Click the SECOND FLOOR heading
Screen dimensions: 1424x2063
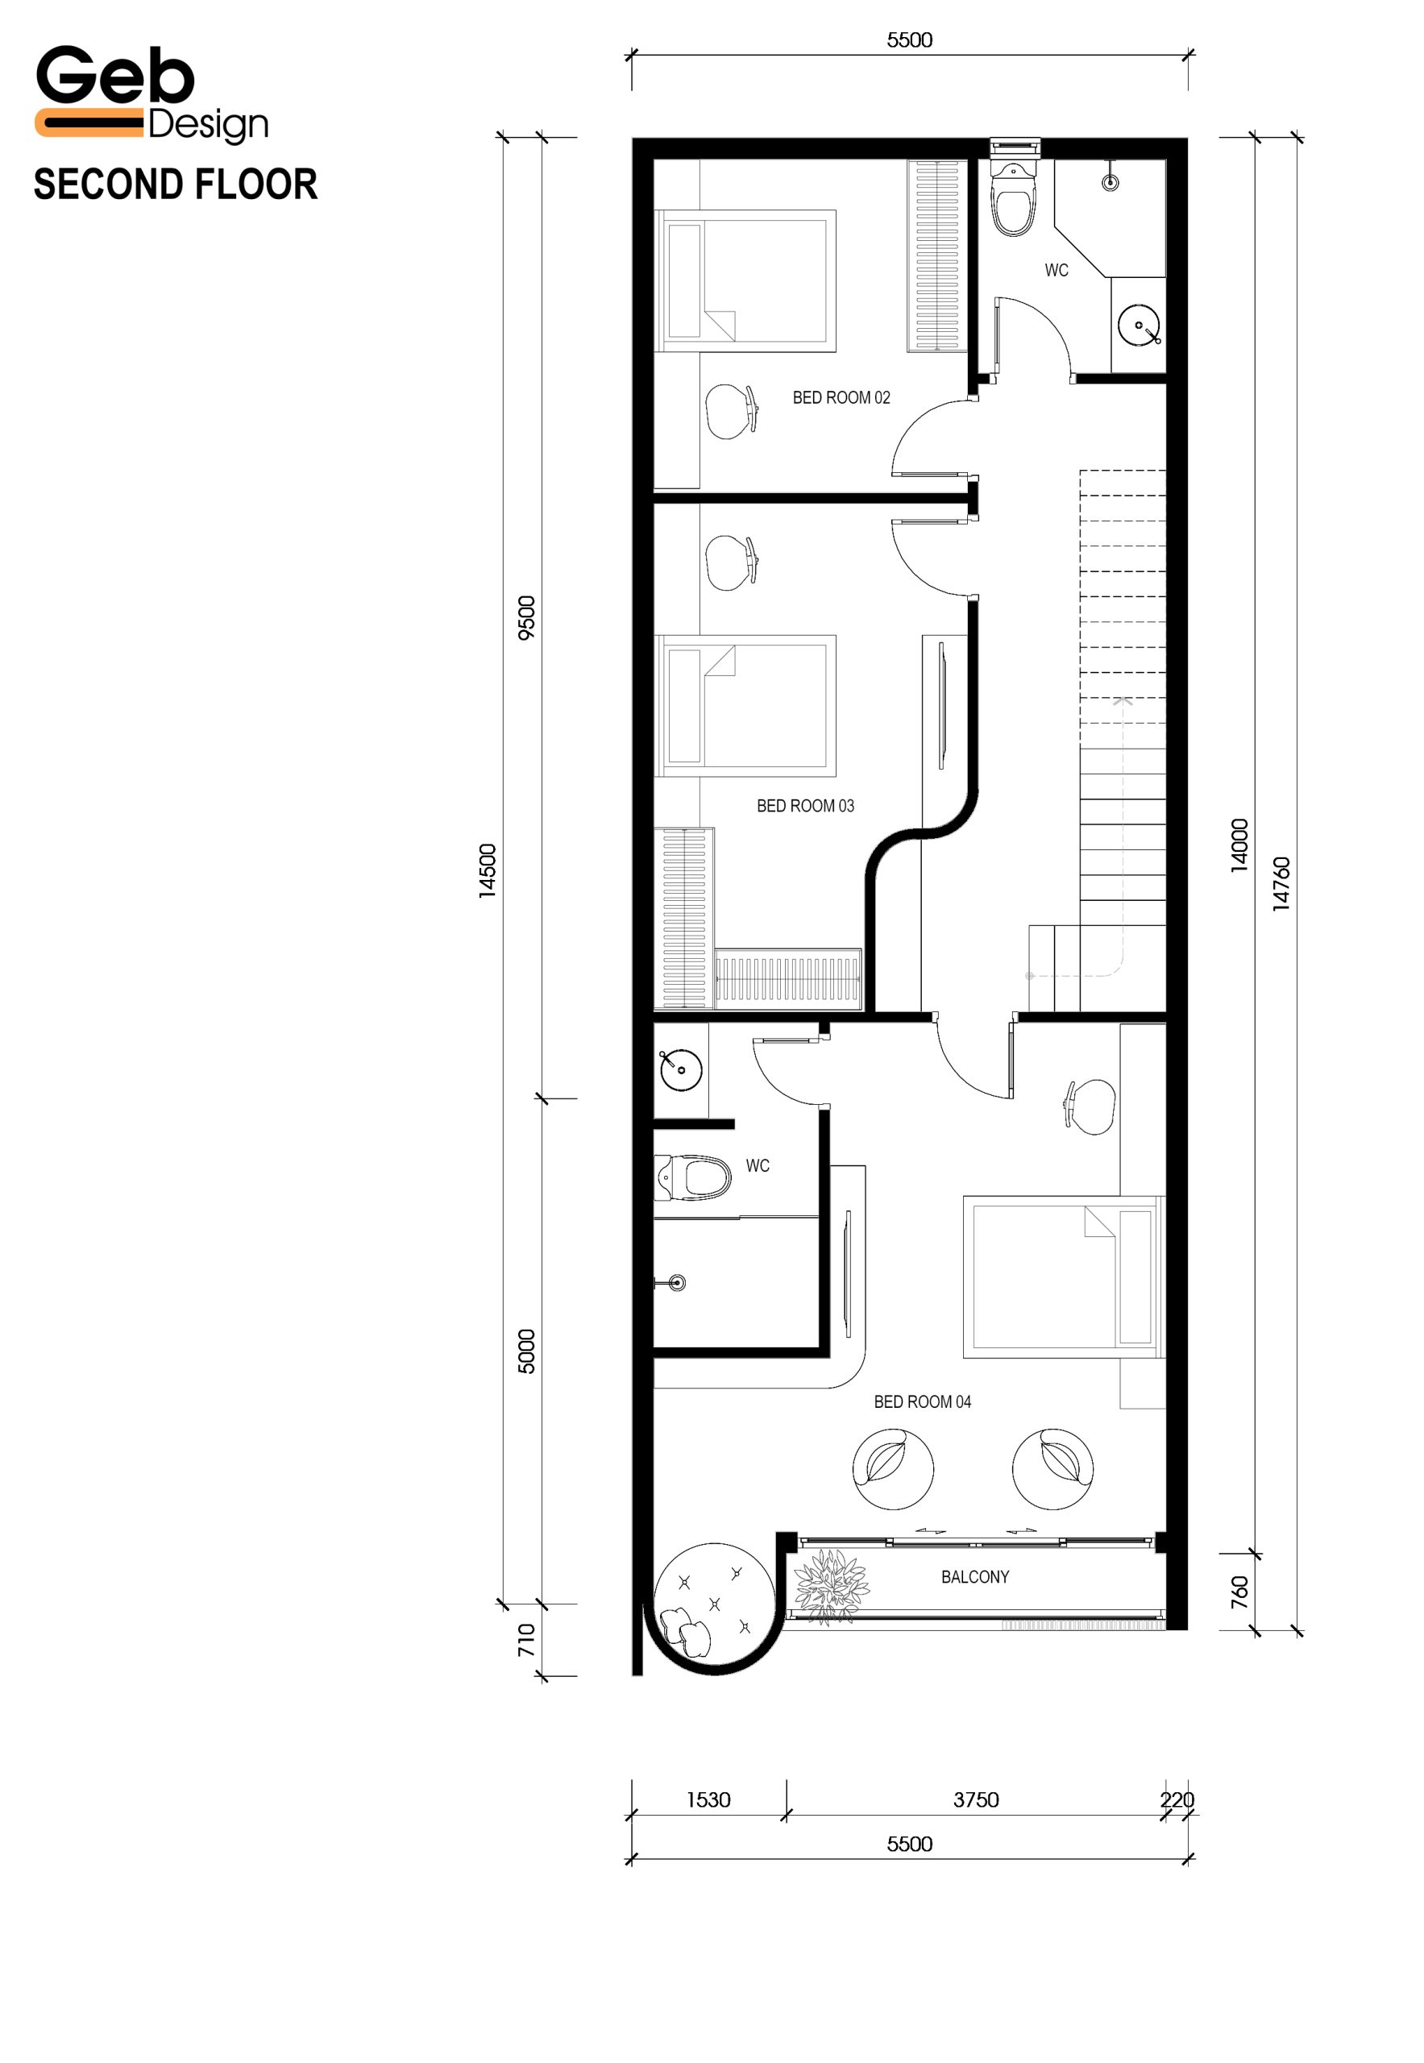(176, 185)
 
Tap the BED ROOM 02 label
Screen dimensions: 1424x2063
(841, 398)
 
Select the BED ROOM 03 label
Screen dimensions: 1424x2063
(806, 806)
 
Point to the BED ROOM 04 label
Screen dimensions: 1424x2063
(923, 1402)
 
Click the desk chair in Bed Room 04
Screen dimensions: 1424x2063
(1090, 1106)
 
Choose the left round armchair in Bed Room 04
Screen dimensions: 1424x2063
(893, 1467)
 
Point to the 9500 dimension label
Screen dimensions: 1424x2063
(527, 617)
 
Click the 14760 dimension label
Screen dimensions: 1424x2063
(1281, 883)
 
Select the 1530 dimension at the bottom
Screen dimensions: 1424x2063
(708, 1799)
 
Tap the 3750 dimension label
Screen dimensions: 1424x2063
(976, 1799)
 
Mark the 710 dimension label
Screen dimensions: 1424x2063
(526, 1640)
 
